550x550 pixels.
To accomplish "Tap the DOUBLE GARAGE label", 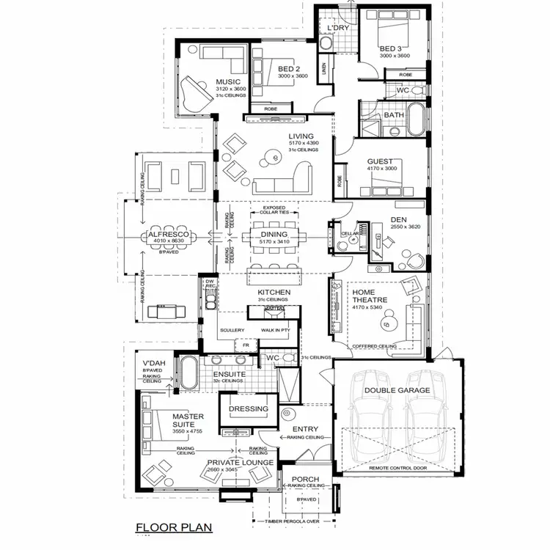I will pos(397,390).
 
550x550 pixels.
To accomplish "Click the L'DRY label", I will pos(338,28).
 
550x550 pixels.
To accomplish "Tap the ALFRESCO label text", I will pos(167,233).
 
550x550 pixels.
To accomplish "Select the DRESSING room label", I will pos(249,408).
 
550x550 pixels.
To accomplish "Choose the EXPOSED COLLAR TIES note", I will pos(274,210).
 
